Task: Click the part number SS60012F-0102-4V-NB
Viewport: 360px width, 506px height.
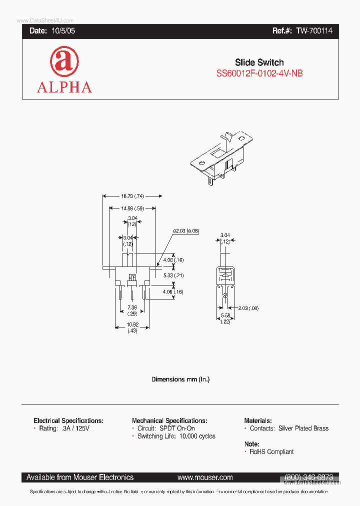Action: point(259,73)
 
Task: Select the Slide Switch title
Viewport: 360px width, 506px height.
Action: point(259,62)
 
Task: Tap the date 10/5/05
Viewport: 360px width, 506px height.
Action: point(63,31)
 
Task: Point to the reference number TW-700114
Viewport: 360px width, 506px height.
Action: point(314,31)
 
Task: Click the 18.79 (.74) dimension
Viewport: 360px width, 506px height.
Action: point(132,196)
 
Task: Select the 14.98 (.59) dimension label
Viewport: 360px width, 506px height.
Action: point(132,208)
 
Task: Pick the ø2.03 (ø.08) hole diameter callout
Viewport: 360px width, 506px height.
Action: point(186,230)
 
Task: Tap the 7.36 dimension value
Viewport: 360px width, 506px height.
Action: point(132,307)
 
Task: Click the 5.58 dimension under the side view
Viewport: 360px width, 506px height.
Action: point(225,316)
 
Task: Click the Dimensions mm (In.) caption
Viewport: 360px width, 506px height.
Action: point(180,379)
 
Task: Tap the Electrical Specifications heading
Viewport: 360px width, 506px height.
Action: point(68,421)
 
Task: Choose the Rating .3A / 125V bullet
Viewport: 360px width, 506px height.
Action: point(65,428)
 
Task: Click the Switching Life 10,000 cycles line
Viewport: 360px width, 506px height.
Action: point(176,436)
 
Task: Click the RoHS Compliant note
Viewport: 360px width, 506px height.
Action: point(271,451)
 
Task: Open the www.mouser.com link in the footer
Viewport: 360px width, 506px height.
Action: point(205,477)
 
